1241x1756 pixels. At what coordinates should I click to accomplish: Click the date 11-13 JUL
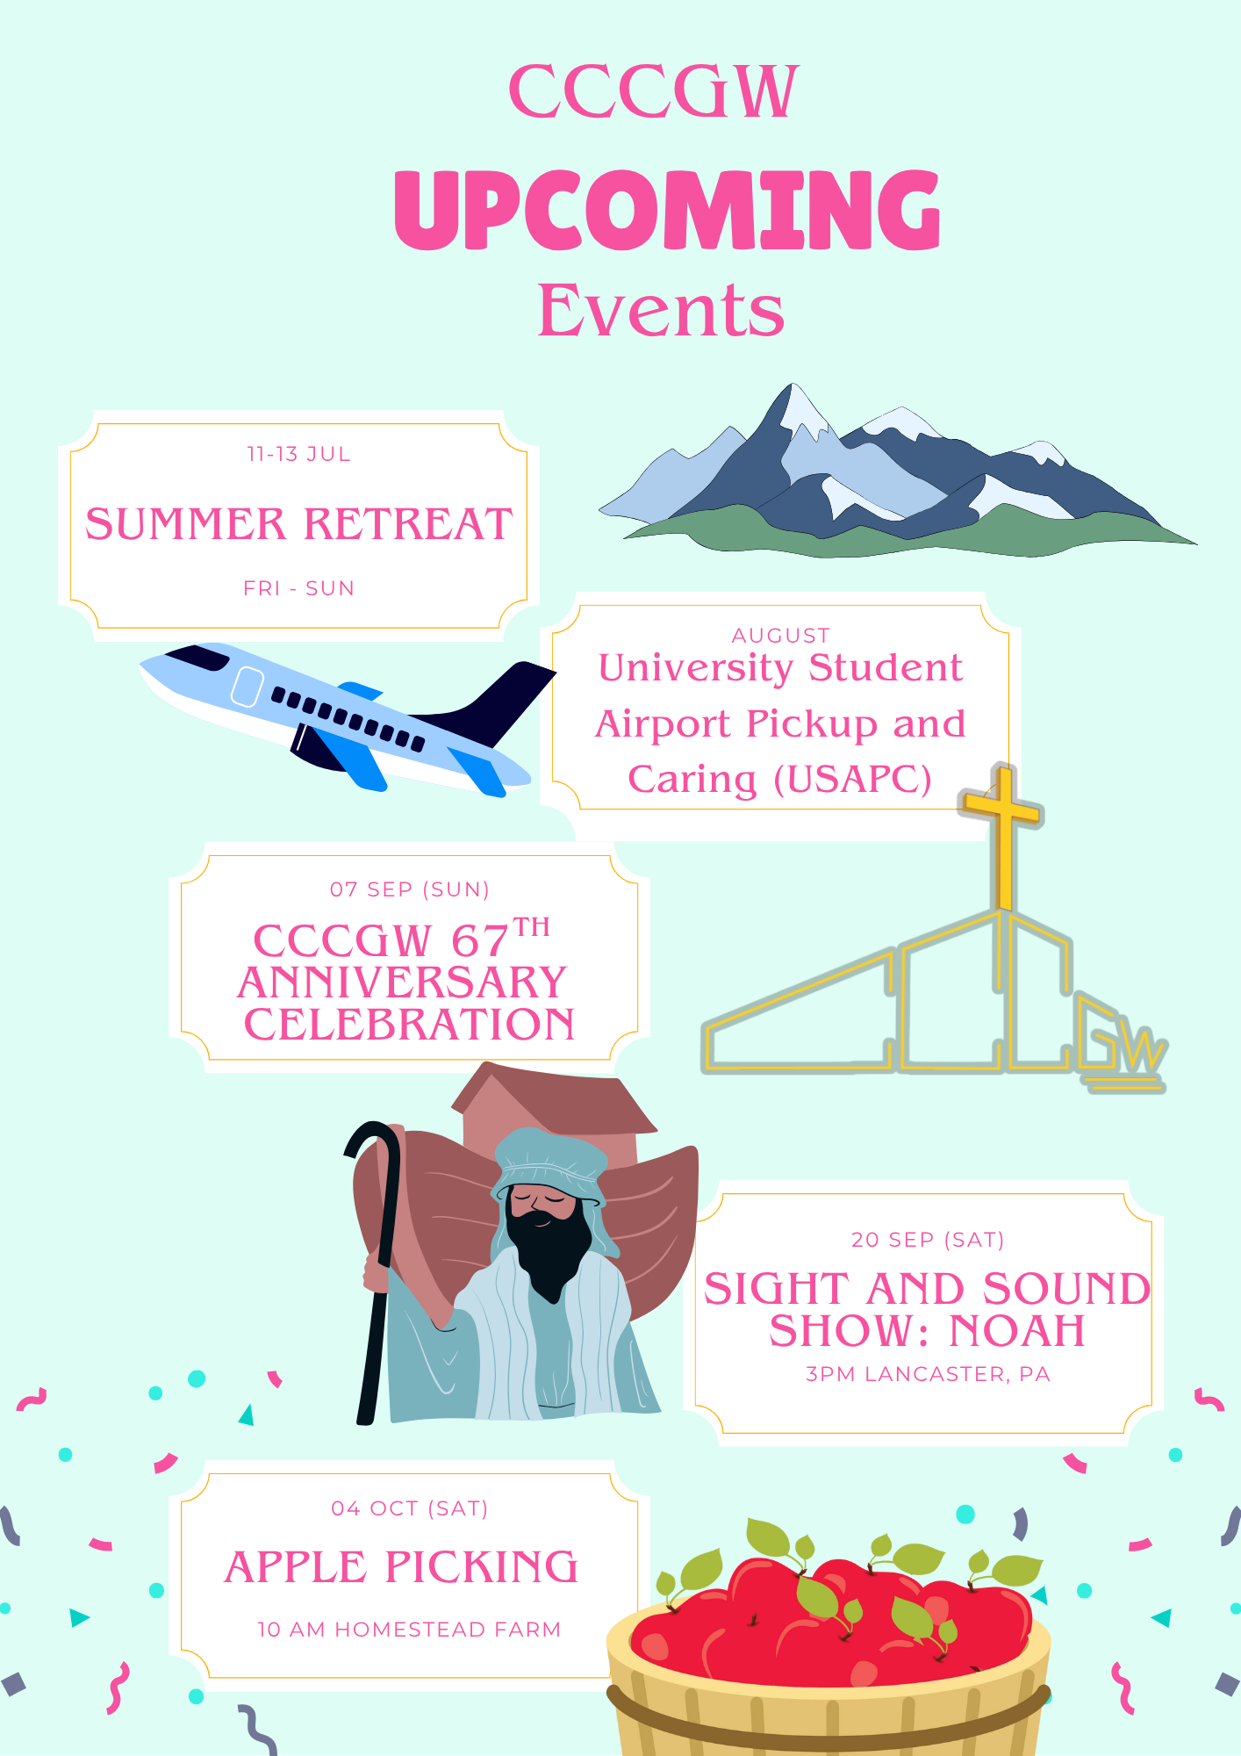[x=298, y=454]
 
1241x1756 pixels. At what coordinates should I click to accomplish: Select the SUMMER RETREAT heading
[x=298, y=524]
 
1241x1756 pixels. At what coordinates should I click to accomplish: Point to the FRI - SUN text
[x=298, y=588]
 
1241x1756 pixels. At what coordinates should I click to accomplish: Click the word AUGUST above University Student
[x=780, y=635]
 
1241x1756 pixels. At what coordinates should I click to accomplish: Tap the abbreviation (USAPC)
[x=852, y=780]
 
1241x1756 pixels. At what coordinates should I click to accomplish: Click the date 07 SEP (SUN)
[x=409, y=889]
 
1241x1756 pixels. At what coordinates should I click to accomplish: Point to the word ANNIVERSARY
[x=402, y=982]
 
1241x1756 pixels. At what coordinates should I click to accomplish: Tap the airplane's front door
[x=247, y=687]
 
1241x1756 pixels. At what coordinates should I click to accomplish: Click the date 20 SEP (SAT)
[x=928, y=1240]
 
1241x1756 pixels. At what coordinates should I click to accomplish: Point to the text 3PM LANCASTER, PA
[x=928, y=1374]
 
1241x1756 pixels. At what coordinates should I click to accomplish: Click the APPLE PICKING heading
[x=402, y=1568]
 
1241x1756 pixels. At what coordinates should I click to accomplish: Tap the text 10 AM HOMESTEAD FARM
[x=409, y=1630]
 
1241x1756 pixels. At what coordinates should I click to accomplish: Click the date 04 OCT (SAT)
[x=409, y=1508]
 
